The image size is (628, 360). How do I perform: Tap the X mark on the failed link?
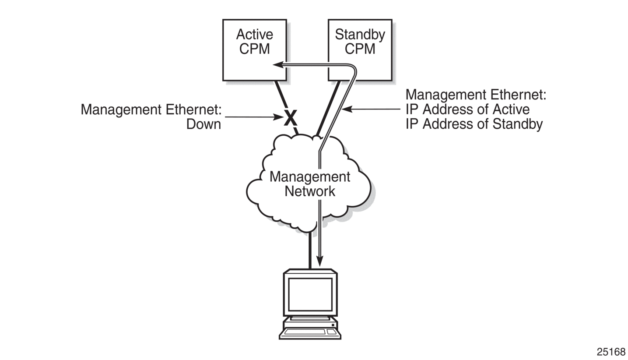[x=290, y=118]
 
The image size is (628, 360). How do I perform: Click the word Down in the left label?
[x=203, y=124]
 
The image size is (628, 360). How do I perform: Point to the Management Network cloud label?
[x=310, y=184]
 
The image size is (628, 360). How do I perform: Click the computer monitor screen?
[x=310, y=294]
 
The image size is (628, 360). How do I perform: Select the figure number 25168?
[x=611, y=352]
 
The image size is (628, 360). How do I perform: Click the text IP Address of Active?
[x=467, y=109]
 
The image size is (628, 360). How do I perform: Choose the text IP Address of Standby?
[x=474, y=124]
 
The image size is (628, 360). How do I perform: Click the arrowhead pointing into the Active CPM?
[x=277, y=65]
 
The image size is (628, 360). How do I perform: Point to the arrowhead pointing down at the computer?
[x=320, y=261]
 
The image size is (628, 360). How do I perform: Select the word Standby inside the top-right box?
[x=360, y=35]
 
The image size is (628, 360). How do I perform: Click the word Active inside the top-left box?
[x=254, y=35]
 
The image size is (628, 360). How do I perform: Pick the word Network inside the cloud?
[x=310, y=191]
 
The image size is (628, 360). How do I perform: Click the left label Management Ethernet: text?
[x=151, y=109]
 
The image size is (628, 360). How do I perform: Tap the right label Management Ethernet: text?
[x=476, y=95]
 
